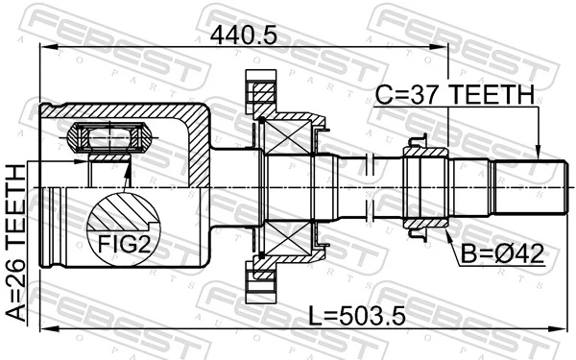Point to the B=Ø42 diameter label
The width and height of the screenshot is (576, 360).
(499, 254)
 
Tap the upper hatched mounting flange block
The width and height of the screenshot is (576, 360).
(262, 97)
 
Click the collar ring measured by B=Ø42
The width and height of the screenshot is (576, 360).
(423, 187)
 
